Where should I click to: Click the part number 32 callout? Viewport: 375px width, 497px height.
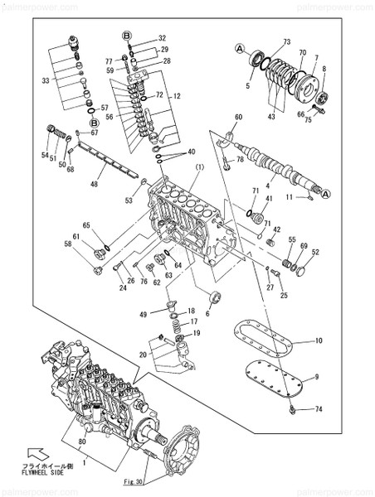[x=163, y=38]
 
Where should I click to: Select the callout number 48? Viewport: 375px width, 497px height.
[x=94, y=185]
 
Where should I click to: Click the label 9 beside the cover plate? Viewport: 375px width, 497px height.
[x=318, y=379]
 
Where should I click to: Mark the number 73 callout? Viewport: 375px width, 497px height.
[x=287, y=41]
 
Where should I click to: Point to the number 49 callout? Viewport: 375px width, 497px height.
[x=143, y=315]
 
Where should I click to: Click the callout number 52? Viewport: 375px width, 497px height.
[x=315, y=252]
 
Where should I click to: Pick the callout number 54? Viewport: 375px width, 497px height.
[x=45, y=155]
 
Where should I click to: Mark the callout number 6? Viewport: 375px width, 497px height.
[x=207, y=313]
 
